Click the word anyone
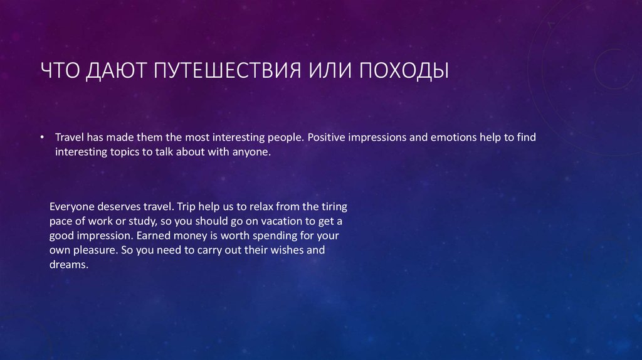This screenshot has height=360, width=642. (x=251, y=152)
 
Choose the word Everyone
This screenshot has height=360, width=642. (x=71, y=206)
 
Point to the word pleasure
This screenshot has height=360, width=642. (x=93, y=250)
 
